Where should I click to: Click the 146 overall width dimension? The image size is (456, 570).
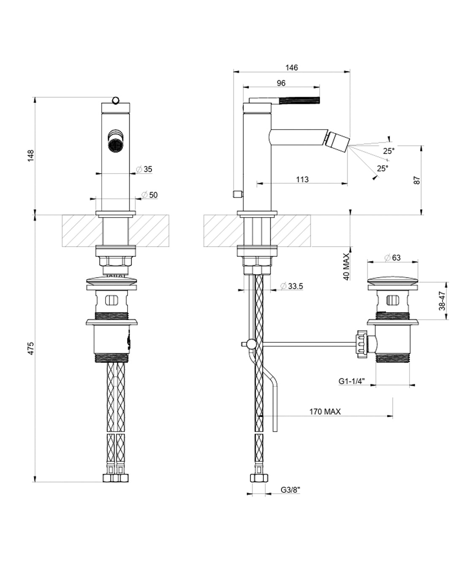pyautogui.click(x=291, y=68)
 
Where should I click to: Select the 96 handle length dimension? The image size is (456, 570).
pyautogui.click(x=281, y=83)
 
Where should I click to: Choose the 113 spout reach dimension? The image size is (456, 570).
pyautogui.click(x=302, y=179)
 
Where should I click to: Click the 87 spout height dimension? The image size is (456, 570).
pyautogui.click(x=417, y=179)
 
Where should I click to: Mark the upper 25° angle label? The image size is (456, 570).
pyautogui.click(x=389, y=151)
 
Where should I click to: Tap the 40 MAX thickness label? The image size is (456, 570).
pyautogui.click(x=347, y=267)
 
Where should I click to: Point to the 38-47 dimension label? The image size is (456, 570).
pyautogui.click(x=442, y=301)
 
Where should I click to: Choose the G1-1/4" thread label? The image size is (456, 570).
pyautogui.click(x=351, y=381)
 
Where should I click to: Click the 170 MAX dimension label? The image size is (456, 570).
pyautogui.click(x=325, y=411)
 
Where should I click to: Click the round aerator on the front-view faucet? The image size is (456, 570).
pyautogui.click(x=115, y=146)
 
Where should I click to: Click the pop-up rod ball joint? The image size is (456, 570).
pyautogui.click(x=252, y=345)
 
